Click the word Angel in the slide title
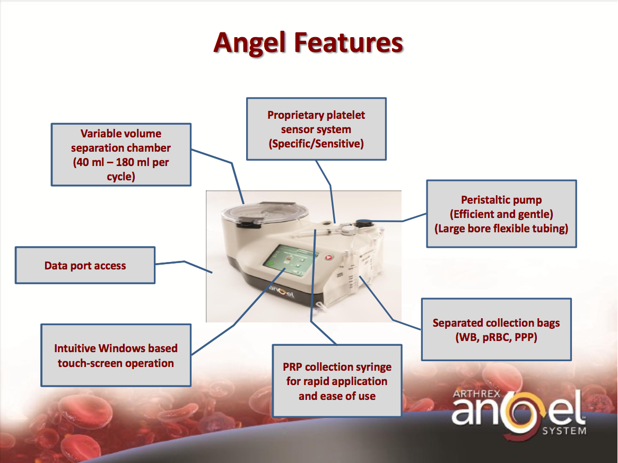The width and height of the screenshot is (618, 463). click(x=252, y=42)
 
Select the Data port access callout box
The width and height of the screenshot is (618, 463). click(x=85, y=265)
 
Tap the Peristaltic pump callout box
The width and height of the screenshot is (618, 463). click(x=501, y=214)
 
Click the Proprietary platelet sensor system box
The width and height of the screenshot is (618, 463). click(x=316, y=129)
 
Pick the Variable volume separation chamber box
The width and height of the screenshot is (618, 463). click(x=121, y=155)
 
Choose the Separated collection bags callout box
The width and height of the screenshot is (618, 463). click(x=496, y=329)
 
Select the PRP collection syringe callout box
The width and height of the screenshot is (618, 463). click(x=337, y=381)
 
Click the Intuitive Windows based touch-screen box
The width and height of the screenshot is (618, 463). click(x=116, y=355)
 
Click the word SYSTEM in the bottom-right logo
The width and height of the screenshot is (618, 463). click(x=564, y=431)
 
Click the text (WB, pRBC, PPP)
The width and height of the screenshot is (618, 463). click(x=496, y=337)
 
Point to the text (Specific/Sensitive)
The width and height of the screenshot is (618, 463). click(x=316, y=143)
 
